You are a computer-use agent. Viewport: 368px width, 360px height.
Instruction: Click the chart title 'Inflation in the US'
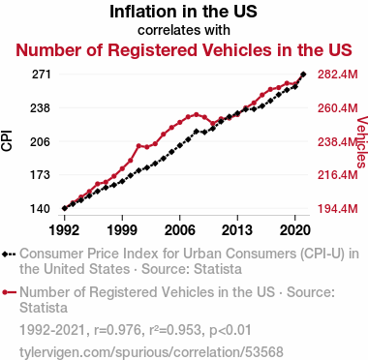183,12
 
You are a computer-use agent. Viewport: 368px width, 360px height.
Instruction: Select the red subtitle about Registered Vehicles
184,50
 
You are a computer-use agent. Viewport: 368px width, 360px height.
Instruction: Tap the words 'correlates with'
184,30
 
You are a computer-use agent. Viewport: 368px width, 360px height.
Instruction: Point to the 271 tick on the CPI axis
42,75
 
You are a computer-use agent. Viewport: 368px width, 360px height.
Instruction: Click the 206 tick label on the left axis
41,141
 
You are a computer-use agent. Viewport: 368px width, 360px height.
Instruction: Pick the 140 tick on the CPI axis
41,209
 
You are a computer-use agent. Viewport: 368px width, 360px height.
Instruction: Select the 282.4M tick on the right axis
338,75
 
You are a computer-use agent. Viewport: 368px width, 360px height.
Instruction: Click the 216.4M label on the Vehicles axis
338,175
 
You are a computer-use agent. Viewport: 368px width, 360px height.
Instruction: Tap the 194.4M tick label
338,209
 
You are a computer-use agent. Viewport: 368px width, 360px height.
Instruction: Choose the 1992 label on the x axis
64,230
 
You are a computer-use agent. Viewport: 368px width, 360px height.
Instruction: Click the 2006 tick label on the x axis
180,230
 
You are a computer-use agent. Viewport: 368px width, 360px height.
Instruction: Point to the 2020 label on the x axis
295,230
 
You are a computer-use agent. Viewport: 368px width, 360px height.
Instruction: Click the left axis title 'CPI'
7,140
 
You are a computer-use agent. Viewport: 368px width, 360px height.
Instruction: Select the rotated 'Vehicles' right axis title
362,142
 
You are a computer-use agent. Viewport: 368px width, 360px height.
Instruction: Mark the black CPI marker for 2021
303,75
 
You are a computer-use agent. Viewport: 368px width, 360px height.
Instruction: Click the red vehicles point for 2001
138,146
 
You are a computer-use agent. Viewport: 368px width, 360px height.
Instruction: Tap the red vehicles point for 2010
213,123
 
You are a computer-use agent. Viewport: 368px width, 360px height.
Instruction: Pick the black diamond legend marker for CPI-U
5,255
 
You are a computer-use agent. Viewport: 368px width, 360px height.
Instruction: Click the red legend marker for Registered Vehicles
5,292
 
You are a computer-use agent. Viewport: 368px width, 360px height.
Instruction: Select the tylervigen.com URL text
151,352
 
